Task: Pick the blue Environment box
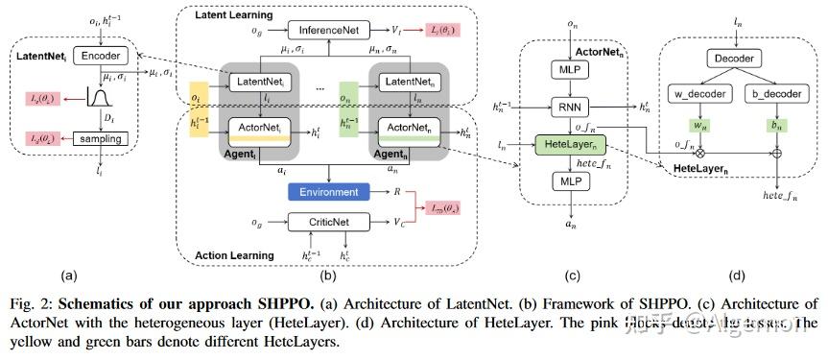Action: [328, 192]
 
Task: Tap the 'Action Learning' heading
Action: [233, 255]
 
